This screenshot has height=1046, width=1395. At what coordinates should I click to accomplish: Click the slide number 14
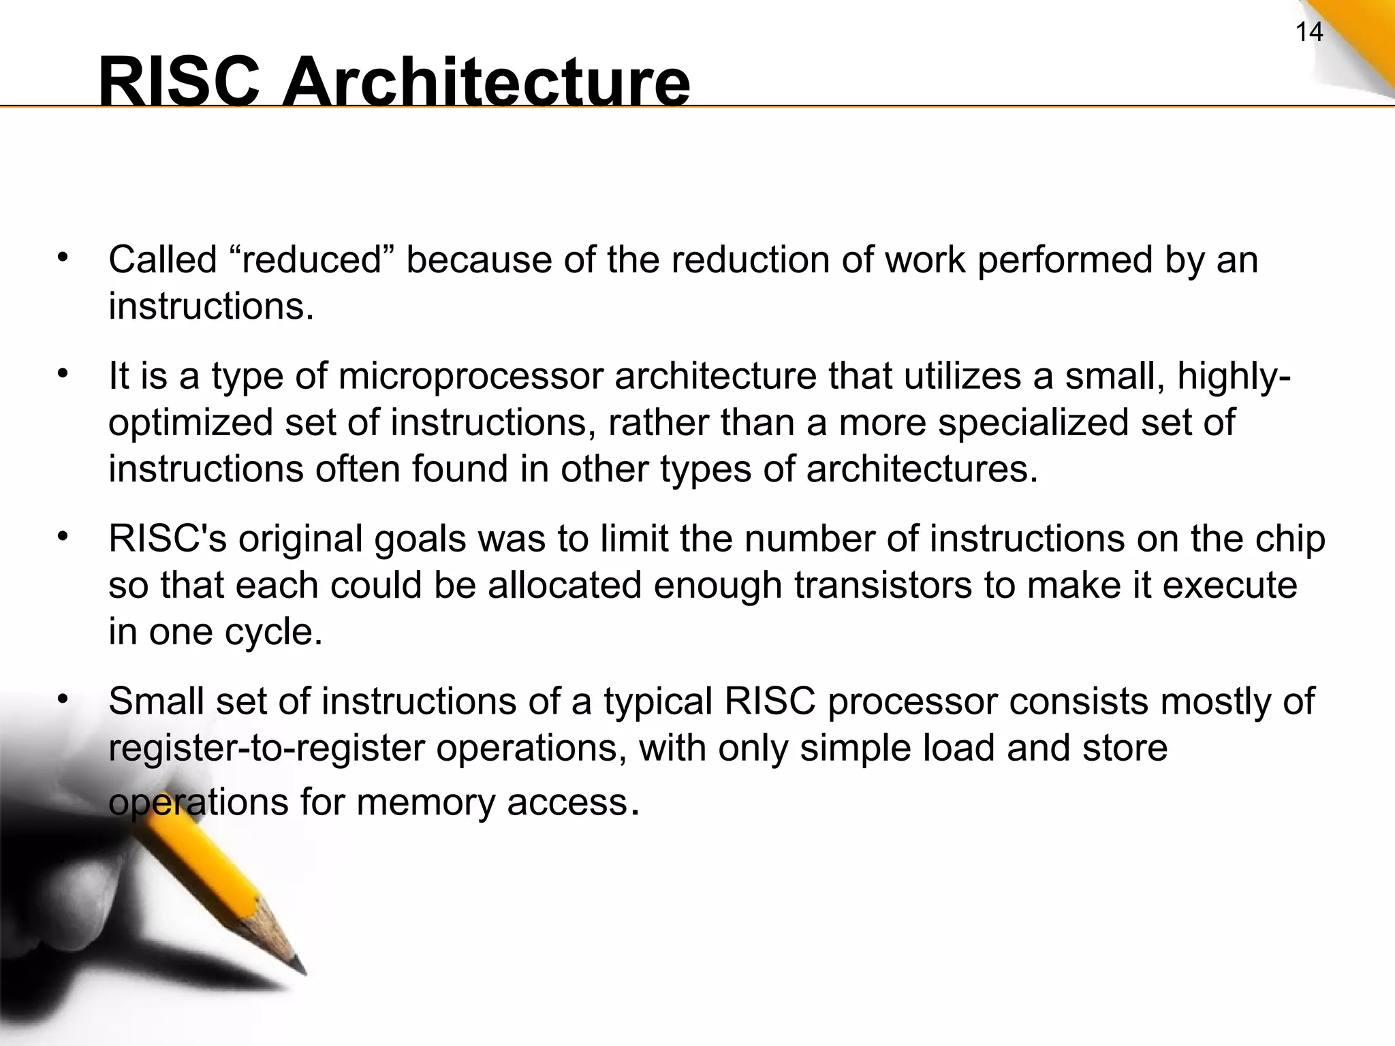tap(1308, 32)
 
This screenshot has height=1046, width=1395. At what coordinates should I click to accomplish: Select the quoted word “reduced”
tap(311, 260)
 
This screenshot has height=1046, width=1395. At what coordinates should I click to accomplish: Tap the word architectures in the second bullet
tap(921, 469)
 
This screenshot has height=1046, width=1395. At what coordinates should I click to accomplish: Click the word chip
tap(1292, 539)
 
